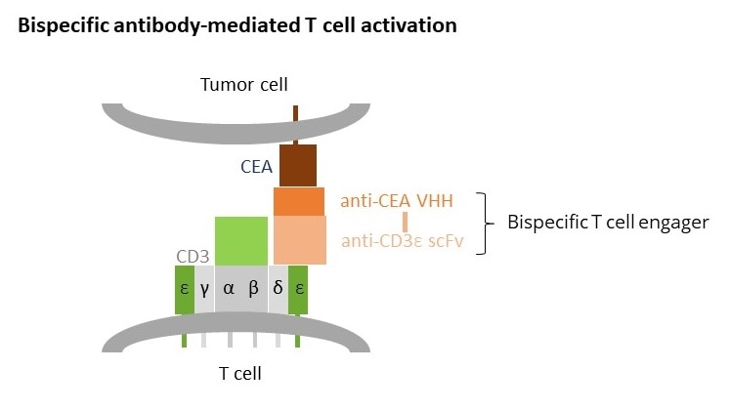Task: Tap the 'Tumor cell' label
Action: click(x=243, y=84)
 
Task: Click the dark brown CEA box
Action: click(x=298, y=165)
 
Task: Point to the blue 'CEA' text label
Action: click(x=256, y=167)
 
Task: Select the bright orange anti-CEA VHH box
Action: click(x=298, y=201)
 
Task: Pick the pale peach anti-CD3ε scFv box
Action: click(x=299, y=239)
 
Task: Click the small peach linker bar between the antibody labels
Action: click(x=405, y=222)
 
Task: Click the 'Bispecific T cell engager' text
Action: click(x=608, y=223)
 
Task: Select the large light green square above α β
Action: click(x=241, y=241)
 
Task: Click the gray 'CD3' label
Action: click(x=193, y=257)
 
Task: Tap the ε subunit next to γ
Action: click(x=185, y=290)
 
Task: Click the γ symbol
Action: click(x=204, y=290)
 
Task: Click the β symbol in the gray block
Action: click(x=254, y=290)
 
